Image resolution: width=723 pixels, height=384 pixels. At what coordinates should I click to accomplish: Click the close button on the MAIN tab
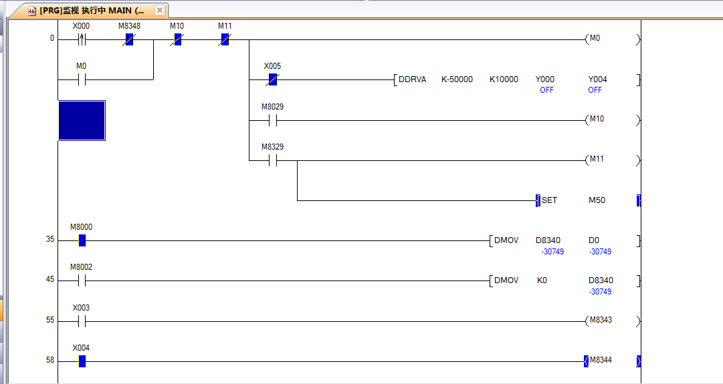pyautogui.click(x=159, y=11)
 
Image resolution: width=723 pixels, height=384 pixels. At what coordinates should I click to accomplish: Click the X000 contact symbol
pyautogui.click(x=82, y=39)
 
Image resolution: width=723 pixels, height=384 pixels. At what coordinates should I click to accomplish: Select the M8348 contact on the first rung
pyautogui.click(x=129, y=39)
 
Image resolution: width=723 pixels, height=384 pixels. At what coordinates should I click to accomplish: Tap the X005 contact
pyautogui.click(x=272, y=79)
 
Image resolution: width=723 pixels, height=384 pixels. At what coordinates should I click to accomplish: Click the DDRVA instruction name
pyautogui.click(x=412, y=79)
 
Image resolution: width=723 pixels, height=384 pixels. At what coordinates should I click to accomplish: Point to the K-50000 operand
pyautogui.click(x=457, y=79)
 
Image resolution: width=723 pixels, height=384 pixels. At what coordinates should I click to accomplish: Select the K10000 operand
pyautogui.click(x=504, y=79)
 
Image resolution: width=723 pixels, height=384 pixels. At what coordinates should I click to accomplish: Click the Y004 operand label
pyautogui.click(x=597, y=79)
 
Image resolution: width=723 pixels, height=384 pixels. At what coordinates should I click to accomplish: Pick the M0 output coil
pyautogui.click(x=595, y=39)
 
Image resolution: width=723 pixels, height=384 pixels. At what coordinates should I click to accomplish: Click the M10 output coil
pyautogui.click(x=596, y=119)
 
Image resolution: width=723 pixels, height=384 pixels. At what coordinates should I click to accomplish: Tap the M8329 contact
pyautogui.click(x=272, y=160)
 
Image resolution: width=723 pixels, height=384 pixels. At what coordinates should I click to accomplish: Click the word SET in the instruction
pyautogui.click(x=549, y=200)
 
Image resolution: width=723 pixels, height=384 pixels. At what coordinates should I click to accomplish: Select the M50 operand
pyautogui.click(x=597, y=200)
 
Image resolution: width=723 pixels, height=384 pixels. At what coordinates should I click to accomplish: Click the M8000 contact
pyautogui.click(x=82, y=240)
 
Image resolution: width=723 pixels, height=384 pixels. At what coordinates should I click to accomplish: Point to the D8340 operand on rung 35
pyautogui.click(x=548, y=240)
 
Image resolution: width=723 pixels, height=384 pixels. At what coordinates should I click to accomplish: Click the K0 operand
pyautogui.click(x=542, y=280)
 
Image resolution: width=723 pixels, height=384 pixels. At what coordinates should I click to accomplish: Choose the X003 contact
pyautogui.click(x=82, y=321)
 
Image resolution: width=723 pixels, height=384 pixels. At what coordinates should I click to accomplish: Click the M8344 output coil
pyautogui.click(x=600, y=361)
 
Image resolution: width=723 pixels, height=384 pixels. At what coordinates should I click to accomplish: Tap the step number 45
pyautogui.click(x=50, y=280)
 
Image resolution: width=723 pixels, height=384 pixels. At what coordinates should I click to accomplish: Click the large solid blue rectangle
pyautogui.click(x=82, y=120)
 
